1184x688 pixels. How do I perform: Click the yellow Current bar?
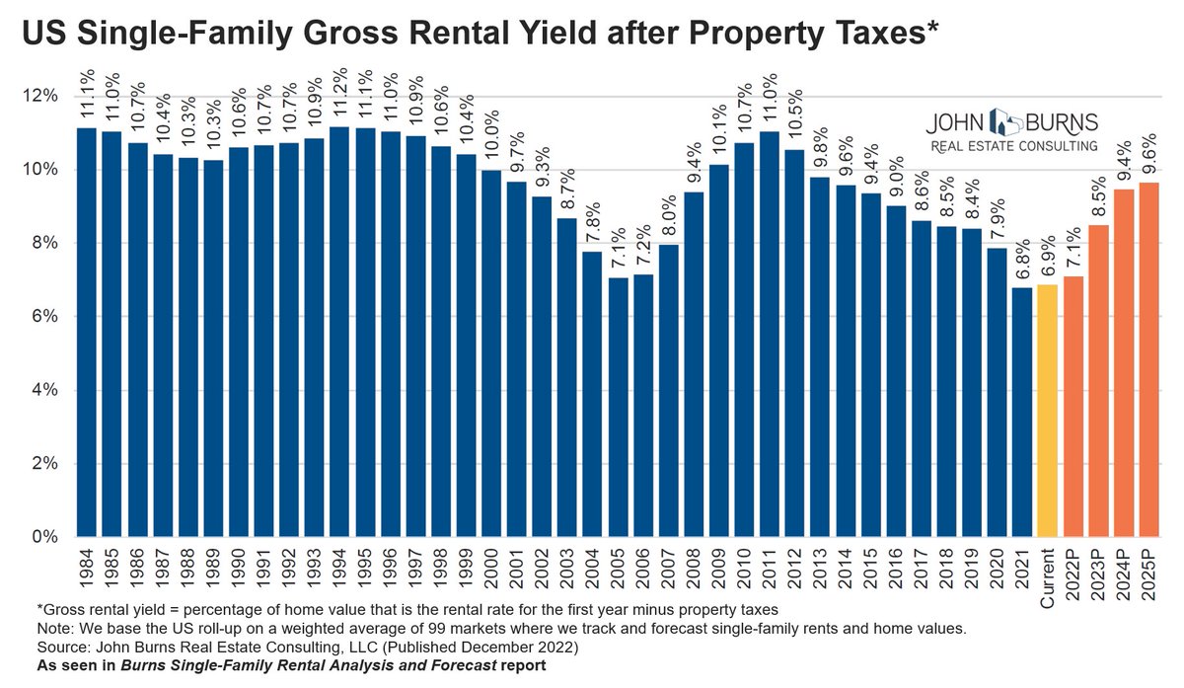click(x=1048, y=411)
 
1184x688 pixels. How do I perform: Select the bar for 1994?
click(x=339, y=332)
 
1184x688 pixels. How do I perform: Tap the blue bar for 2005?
click(x=619, y=408)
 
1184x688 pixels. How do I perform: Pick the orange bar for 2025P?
click(x=1149, y=359)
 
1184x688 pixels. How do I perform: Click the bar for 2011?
click(x=770, y=335)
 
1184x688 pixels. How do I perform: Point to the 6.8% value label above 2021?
click(x=1022, y=261)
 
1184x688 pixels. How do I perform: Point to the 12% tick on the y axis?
click(x=39, y=97)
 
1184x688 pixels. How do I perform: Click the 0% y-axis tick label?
click(x=44, y=537)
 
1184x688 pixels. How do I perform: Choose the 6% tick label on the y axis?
click(x=44, y=316)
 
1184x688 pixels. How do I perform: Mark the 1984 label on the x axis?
click(x=87, y=569)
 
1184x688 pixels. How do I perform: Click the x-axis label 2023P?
click(x=1098, y=574)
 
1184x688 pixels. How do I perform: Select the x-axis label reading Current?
click(x=1048, y=578)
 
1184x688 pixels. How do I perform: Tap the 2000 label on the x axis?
click(x=491, y=569)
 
